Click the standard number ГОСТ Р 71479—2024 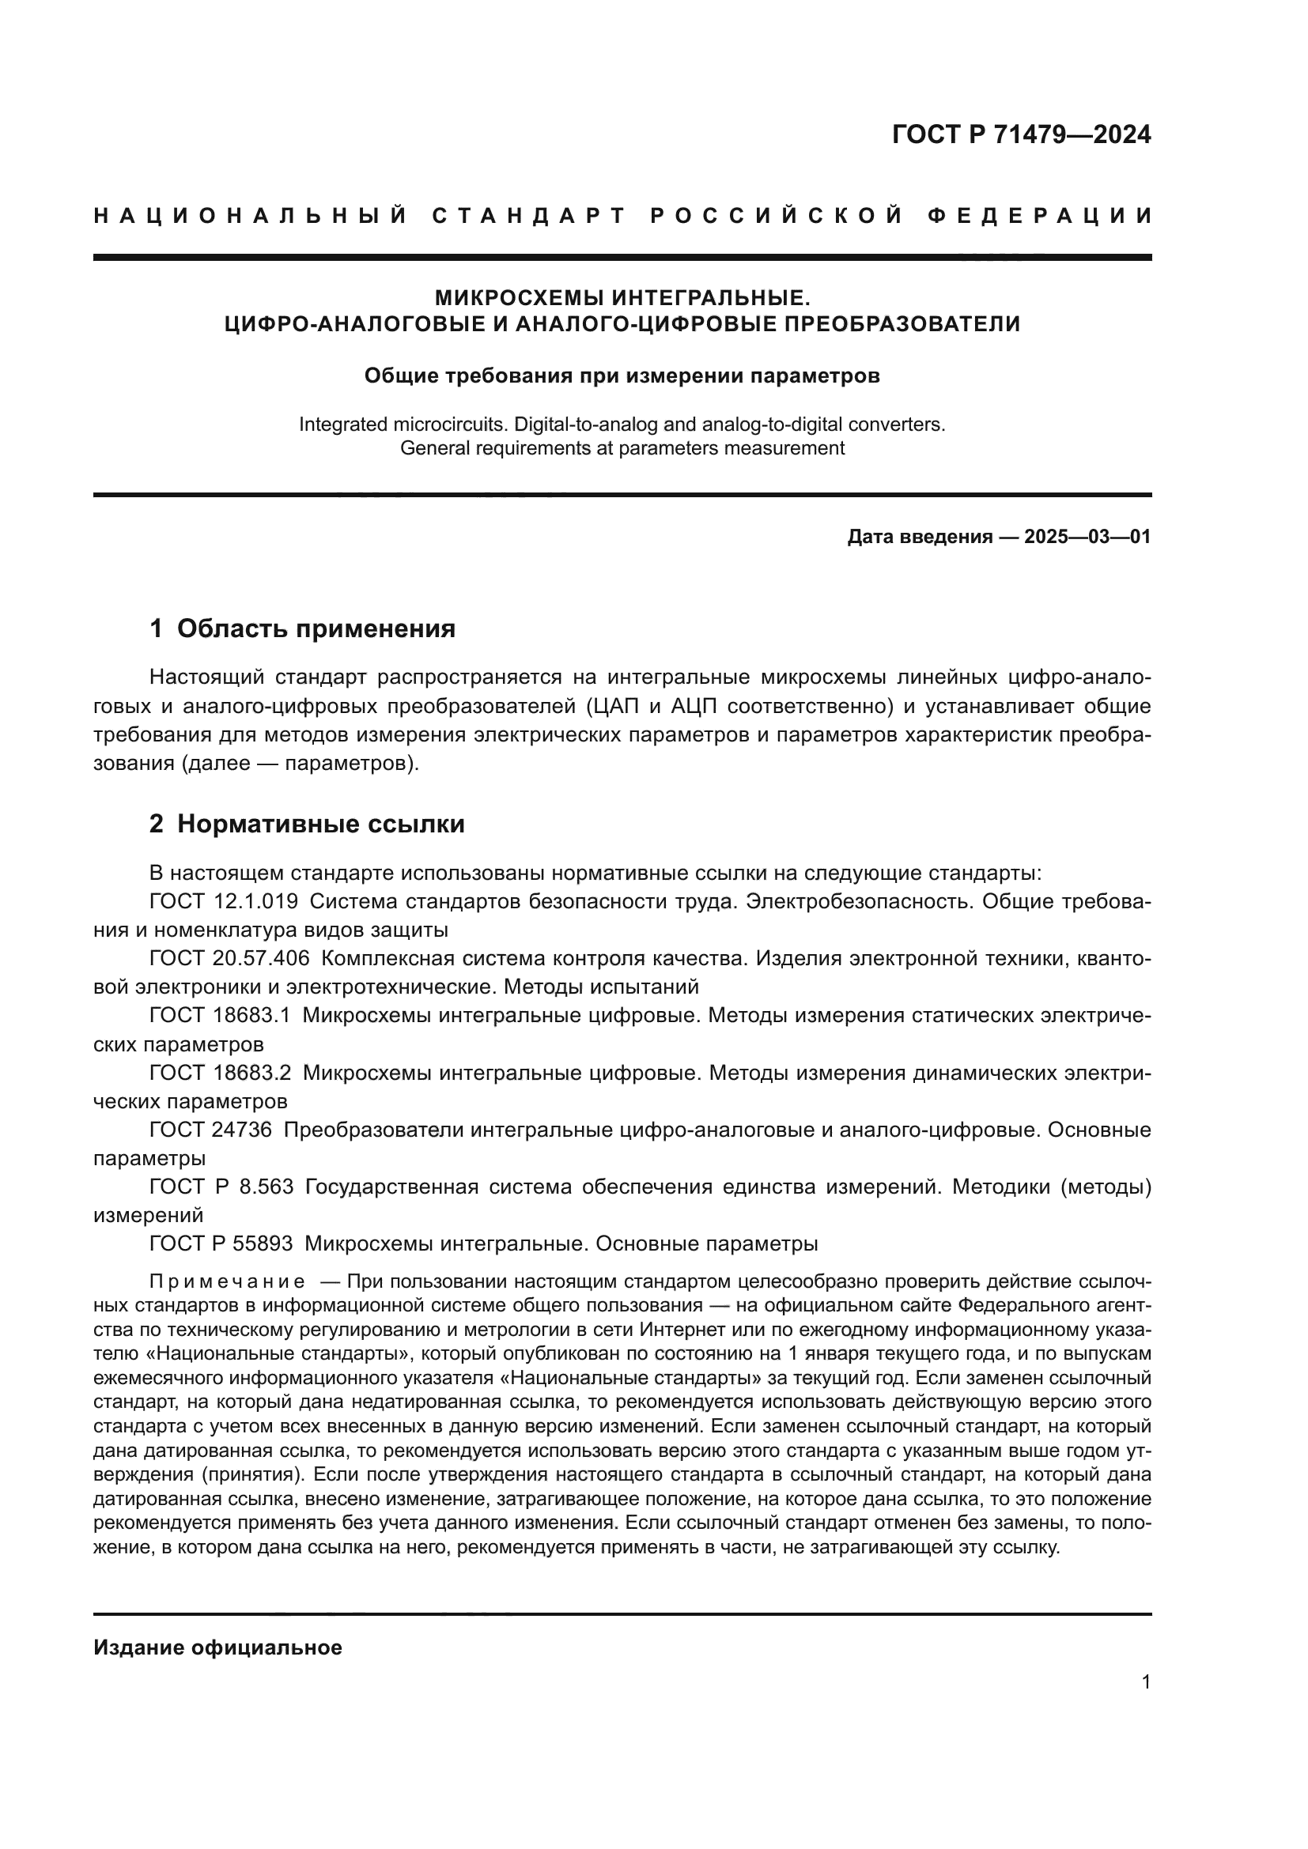pos(1021,134)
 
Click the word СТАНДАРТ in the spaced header pos(528,216)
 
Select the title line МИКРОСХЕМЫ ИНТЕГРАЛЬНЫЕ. pos(622,298)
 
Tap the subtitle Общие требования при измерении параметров pos(622,376)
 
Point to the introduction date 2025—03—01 pos(1087,537)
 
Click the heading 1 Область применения pos(303,629)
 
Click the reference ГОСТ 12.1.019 pos(223,902)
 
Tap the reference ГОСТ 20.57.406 pos(229,958)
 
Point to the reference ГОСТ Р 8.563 pos(221,1187)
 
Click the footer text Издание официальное pos(217,1647)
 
